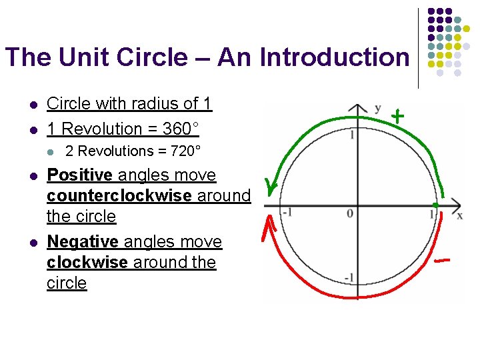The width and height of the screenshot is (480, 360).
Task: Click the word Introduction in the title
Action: click(334, 57)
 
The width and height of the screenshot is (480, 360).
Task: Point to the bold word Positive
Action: click(79, 175)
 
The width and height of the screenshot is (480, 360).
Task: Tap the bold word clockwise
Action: click(87, 262)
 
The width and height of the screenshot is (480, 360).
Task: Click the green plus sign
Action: click(397, 116)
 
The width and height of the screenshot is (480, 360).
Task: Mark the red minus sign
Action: click(441, 259)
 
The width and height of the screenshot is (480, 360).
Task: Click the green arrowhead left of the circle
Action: click(270, 186)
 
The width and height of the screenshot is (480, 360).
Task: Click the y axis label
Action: click(378, 107)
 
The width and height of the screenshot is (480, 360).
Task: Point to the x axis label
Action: click(459, 215)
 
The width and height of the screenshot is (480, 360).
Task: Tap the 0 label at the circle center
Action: click(349, 213)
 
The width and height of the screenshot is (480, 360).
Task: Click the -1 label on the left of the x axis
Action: click(287, 213)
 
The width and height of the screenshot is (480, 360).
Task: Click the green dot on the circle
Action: click(435, 203)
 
